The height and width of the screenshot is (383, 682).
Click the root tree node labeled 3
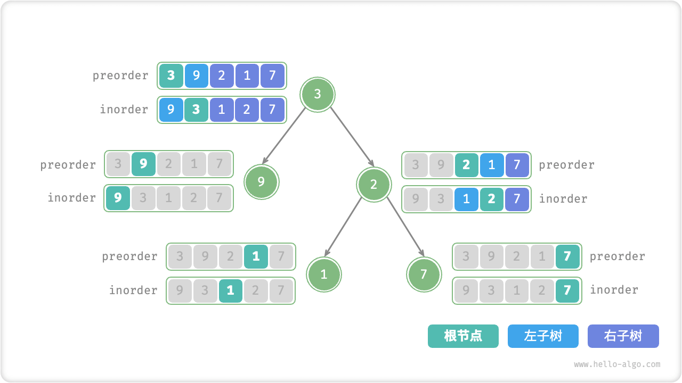click(x=318, y=95)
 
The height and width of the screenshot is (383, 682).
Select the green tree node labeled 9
click(x=261, y=182)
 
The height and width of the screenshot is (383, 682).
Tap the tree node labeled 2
click(x=374, y=185)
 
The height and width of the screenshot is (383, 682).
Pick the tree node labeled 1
click(x=323, y=274)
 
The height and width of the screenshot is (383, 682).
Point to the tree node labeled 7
click(x=424, y=274)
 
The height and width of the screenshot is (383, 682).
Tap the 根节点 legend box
click(x=463, y=336)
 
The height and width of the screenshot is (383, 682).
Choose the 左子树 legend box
click(x=543, y=336)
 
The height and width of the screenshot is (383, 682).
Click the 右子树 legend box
click(x=623, y=336)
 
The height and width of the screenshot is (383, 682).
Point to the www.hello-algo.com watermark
click(x=617, y=364)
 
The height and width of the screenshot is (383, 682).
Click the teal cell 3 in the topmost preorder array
click(x=170, y=76)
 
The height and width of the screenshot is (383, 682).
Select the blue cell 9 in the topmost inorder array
click(x=170, y=110)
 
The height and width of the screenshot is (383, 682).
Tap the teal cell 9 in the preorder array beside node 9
click(x=143, y=164)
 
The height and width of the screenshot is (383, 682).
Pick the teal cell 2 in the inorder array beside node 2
click(x=491, y=199)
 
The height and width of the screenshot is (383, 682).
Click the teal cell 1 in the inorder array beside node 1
click(x=230, y=290)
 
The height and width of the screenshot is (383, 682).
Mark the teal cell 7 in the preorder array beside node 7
click(x=567, y=256)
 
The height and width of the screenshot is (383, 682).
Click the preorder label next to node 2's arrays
click(x=566, y=165)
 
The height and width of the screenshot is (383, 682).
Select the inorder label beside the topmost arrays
click(x=124, y=110)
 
